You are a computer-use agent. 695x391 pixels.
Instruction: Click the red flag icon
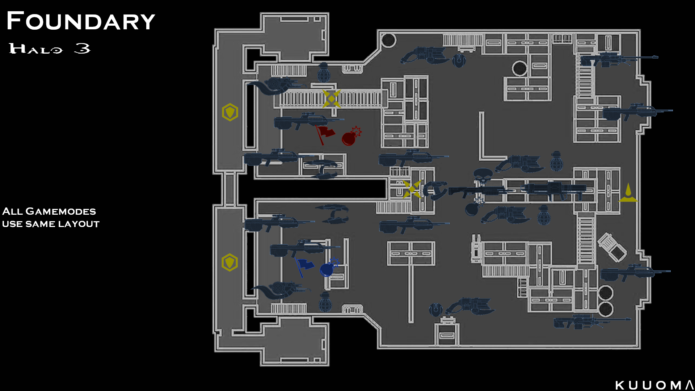(x=325, y=134)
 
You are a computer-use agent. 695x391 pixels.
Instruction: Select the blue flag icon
(x=304, y=266)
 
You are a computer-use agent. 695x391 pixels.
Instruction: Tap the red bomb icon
(x=350, y=137)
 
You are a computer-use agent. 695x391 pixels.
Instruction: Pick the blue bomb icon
(x=329, y=268)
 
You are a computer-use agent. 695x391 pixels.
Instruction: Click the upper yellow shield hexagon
(x=230, y=112)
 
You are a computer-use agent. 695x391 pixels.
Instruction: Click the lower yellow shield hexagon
(x=229, y=262)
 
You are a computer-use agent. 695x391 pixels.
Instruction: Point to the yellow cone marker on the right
(x=628, y=193)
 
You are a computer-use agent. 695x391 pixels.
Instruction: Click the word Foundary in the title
(x=81, y=21)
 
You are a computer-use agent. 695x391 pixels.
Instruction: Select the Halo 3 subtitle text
(x=50, y=49)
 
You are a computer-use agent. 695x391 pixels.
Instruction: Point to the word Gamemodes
(x=60, y=211)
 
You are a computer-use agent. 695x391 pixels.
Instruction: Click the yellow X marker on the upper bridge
(x=332, y=98)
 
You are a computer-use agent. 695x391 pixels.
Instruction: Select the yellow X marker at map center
(x=412, y=189)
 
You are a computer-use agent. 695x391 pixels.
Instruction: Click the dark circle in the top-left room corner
(x=388, y=40)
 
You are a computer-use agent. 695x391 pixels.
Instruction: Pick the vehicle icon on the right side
(x=612, y=247)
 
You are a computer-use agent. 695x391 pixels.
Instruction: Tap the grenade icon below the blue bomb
(x=325, y=302)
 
